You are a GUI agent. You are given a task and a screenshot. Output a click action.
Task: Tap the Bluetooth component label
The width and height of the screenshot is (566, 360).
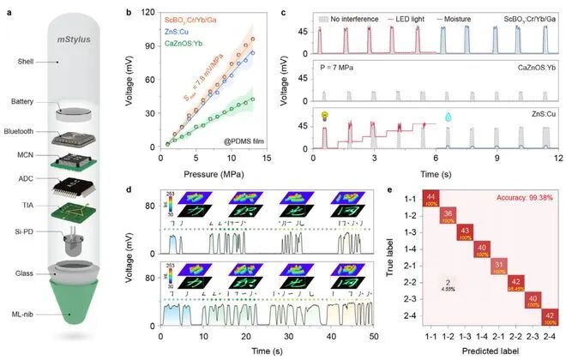pyautogui.click(x=27, y=129)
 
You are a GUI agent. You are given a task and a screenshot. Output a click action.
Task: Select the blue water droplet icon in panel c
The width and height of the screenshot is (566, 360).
pyautogui.click(x=447, y=116)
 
